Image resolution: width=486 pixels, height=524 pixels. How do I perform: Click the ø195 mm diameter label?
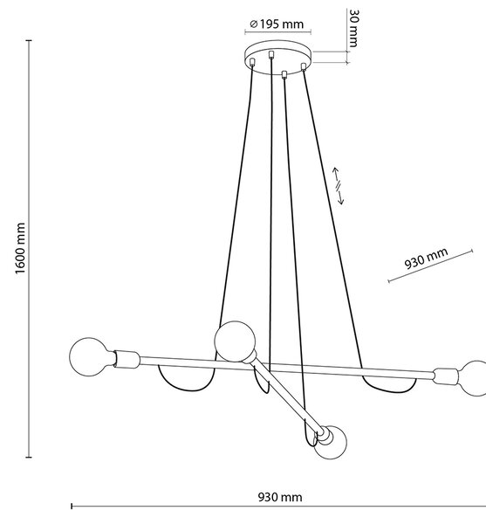point(277,24)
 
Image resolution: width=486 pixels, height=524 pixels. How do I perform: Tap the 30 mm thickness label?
point(354,29)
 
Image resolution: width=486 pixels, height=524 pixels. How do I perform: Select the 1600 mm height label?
point(20,248)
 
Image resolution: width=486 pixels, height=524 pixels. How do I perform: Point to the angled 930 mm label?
point(426,259)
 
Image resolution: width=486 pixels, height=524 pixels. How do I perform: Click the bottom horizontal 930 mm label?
point(280,497)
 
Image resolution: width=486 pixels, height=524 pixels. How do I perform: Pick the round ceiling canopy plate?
point(277,58)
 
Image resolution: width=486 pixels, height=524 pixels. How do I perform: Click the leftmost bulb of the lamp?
point(90,357)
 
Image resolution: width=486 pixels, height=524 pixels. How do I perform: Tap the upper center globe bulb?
point(235,341)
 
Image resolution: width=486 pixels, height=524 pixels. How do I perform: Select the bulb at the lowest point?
point(331,442)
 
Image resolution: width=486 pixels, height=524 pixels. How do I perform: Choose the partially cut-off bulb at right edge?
point(474,378)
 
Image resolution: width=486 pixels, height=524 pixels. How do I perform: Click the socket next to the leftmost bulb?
point(127,360)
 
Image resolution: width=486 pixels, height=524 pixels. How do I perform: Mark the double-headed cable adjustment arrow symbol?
point(339,185)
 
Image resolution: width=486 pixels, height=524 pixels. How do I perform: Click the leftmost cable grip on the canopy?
point(252,62)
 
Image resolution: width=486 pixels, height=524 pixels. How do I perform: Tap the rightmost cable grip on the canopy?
point(304,66)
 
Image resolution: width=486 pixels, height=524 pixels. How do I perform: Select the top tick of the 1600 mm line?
point(29,40)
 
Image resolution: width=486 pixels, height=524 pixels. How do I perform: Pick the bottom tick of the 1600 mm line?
point(29,457)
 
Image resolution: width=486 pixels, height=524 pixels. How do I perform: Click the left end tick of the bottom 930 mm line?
point(72,507)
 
